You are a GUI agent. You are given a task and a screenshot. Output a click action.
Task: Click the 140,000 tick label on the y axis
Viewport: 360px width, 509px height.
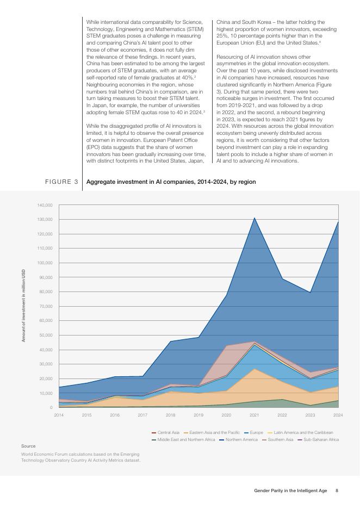[45, 205]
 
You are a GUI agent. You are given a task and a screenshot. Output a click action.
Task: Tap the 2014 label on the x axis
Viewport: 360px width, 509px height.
[59, 415]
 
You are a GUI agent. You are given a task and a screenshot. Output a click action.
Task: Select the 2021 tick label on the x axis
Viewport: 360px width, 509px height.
[254, 415]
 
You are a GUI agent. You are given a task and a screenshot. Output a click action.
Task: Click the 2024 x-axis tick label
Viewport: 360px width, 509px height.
[338, 415]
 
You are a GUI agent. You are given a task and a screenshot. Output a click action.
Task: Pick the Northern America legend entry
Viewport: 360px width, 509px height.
[241, 439]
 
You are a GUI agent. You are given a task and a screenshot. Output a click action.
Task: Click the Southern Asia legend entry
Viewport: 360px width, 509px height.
[281, 439]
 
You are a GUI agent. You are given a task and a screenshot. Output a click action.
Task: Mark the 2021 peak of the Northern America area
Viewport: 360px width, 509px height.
[254, 218]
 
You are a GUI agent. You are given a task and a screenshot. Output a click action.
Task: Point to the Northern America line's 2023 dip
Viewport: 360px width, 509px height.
[311, 293]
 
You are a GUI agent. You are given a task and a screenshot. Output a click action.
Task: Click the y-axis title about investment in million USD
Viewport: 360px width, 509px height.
[23, 306]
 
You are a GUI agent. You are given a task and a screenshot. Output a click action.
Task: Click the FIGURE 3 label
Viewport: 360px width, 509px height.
[61, 181]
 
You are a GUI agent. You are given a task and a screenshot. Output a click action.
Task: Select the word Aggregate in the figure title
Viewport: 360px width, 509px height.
[100, 181]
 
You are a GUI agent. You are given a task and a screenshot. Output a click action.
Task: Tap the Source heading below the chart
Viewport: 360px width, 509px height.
[28, 446]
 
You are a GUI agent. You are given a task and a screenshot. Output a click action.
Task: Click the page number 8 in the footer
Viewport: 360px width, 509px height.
[337, 491]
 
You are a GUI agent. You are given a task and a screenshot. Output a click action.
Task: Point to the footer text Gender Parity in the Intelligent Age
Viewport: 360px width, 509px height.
[290, 491]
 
